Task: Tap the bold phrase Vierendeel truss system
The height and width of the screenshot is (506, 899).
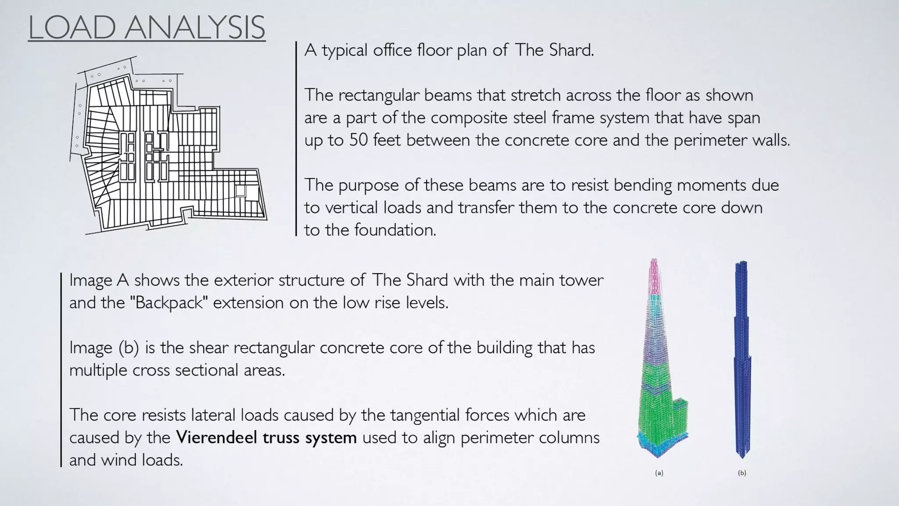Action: tap(266, 437)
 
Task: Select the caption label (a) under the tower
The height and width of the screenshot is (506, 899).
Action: tap(659, 473)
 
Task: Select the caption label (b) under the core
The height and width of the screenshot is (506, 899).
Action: tap(742, 473)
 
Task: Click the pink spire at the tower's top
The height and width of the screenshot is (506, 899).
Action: tap(654, 277)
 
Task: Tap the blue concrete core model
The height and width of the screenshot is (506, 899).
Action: tap(742, 360)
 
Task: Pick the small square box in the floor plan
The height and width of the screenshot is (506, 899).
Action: tap(240, 191)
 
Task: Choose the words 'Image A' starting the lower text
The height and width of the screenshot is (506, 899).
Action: tap(99, 280)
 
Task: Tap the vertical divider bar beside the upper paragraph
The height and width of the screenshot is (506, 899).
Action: tap(296, 139)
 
